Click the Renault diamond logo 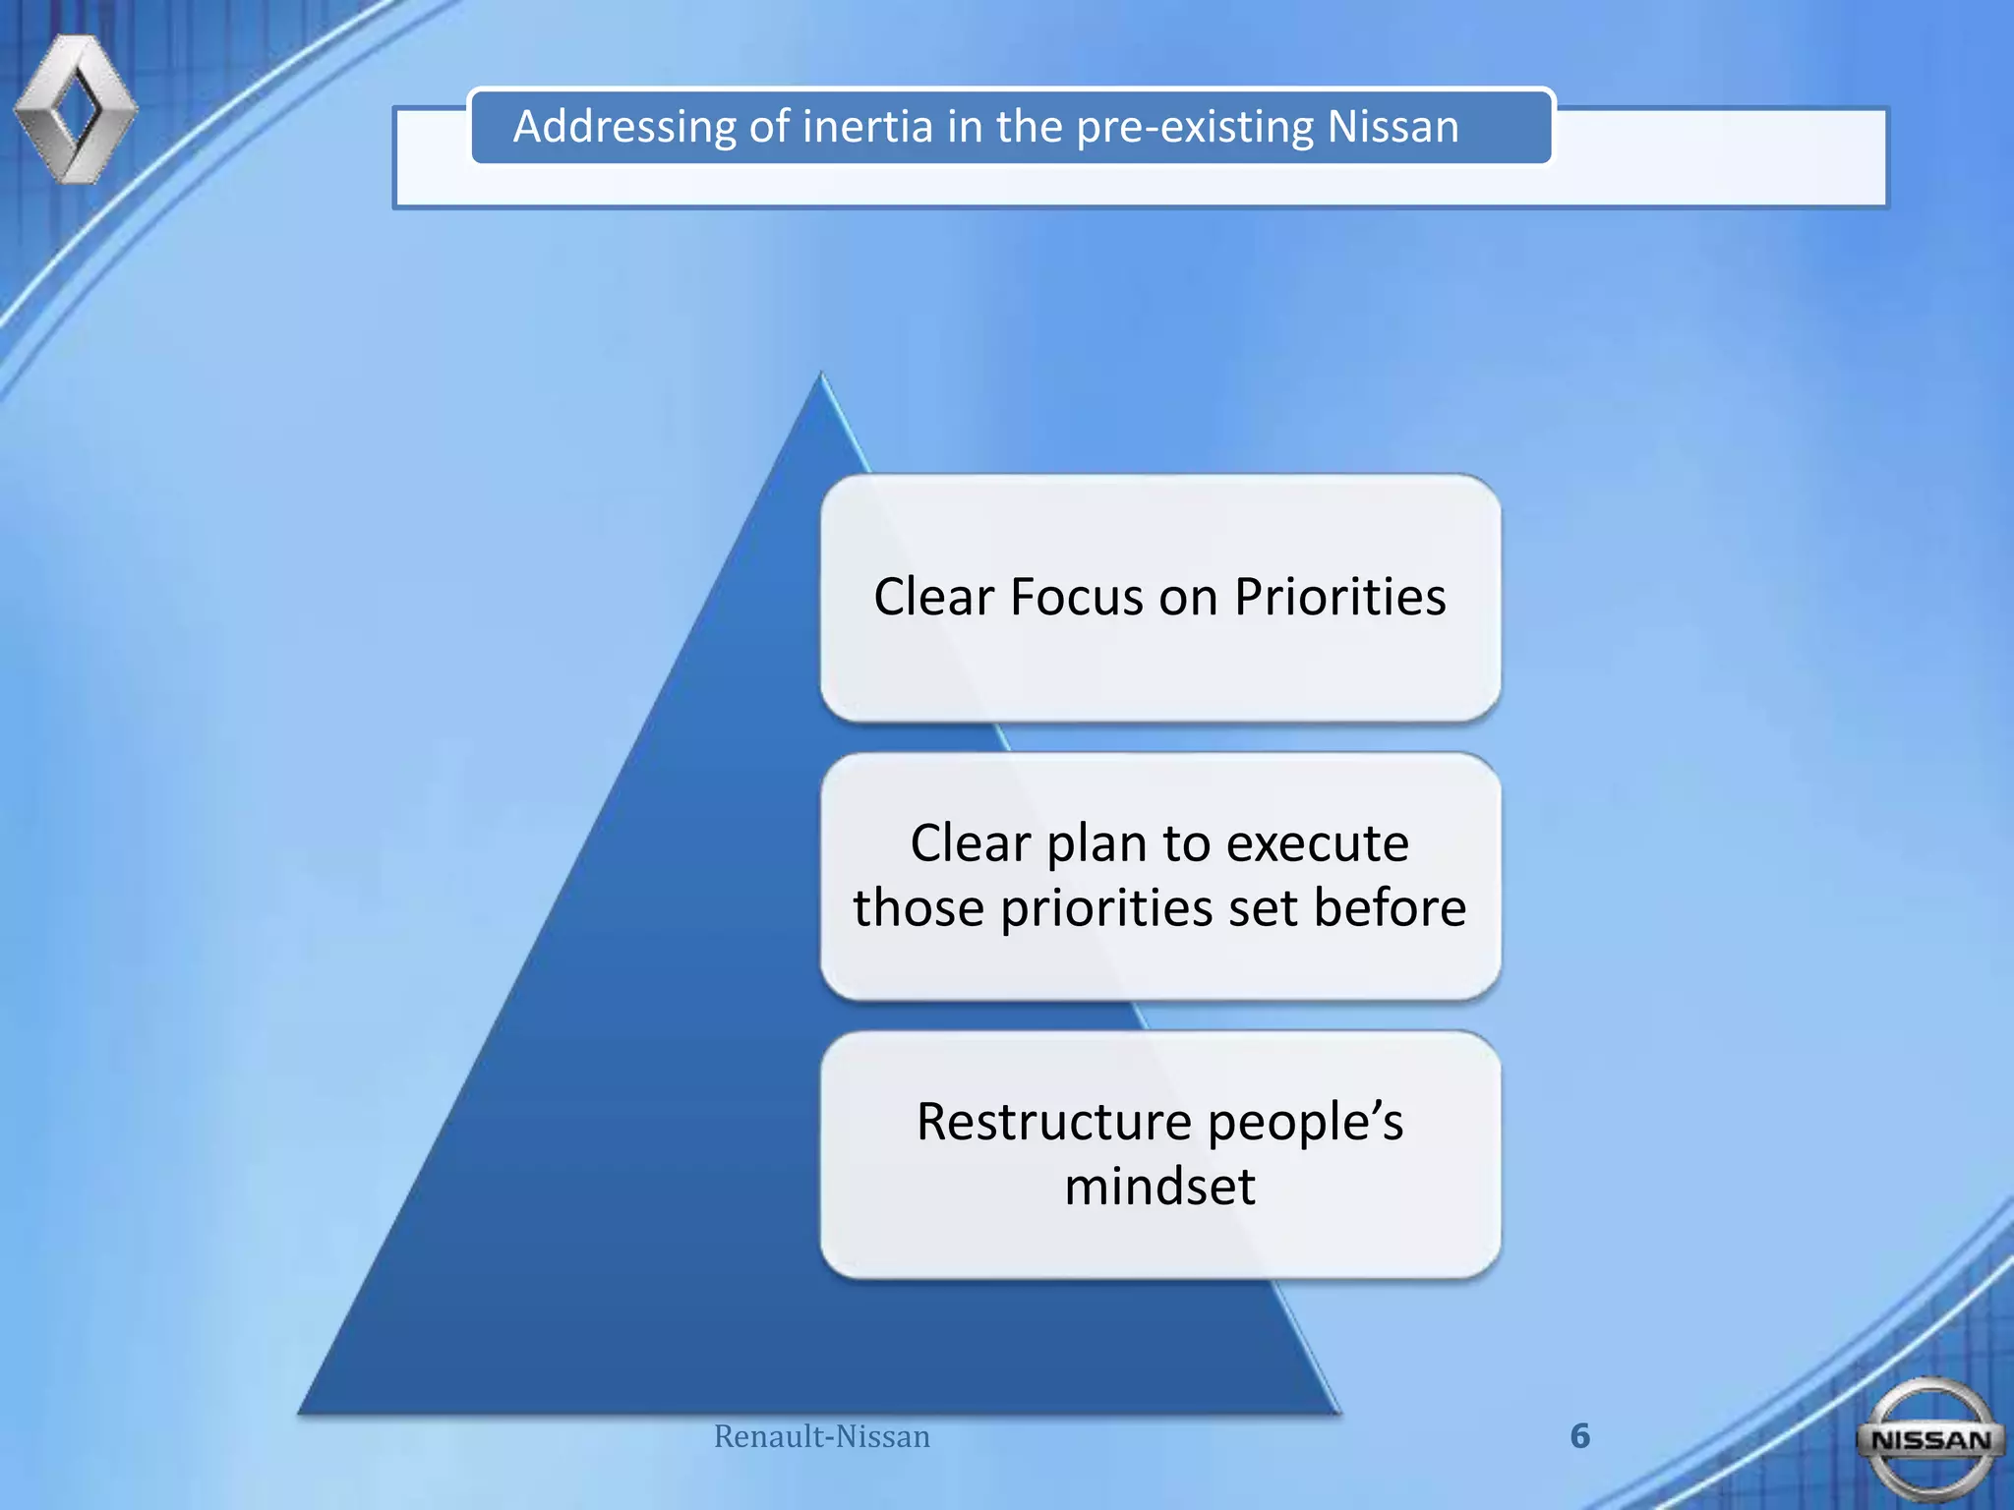click(76, 108)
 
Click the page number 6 click(1579, 1436)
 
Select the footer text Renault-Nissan click(821, 1436)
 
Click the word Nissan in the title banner click(1392, 127)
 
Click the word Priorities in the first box click(1339, 597)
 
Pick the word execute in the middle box click(1317, 843)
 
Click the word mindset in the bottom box click(1159, 1187)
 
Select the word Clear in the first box click(933, 597)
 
